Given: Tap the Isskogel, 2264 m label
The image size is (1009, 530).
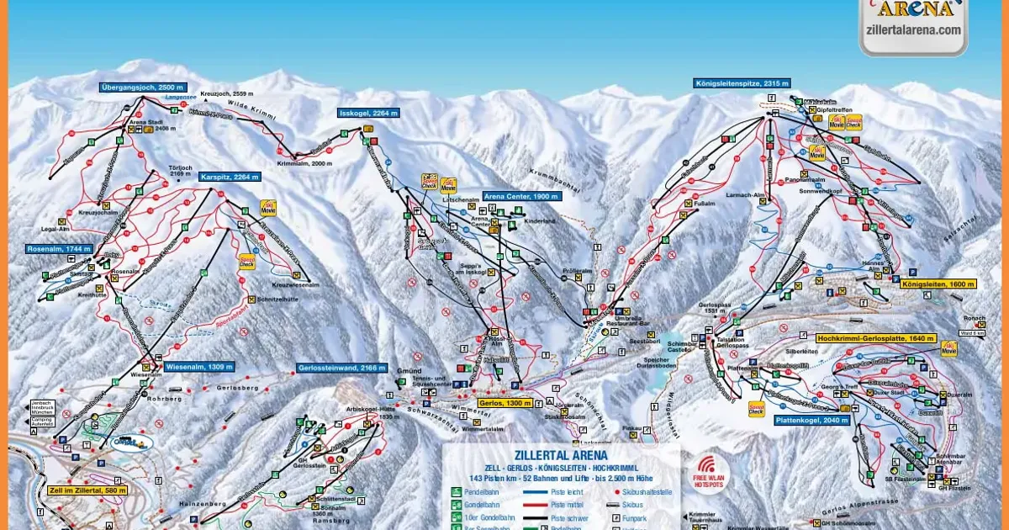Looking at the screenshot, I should pos(367,112).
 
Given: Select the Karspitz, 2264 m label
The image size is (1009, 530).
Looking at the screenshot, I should pos(230,177).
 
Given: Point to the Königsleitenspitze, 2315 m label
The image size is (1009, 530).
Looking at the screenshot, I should pos(742,83).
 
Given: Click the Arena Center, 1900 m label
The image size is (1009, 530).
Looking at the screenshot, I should pos(519,196).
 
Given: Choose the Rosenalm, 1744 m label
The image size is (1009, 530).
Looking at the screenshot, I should pos(58,249).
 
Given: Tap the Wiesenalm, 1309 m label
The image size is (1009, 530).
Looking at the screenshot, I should pos(198,367).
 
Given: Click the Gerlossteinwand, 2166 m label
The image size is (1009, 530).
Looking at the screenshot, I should pos(341,368).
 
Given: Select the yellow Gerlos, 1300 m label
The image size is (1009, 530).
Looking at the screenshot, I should pos(504,403).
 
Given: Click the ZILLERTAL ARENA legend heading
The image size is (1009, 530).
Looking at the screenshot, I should pos(561,455).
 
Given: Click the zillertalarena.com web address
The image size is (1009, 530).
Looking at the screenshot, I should pos(912,29).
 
